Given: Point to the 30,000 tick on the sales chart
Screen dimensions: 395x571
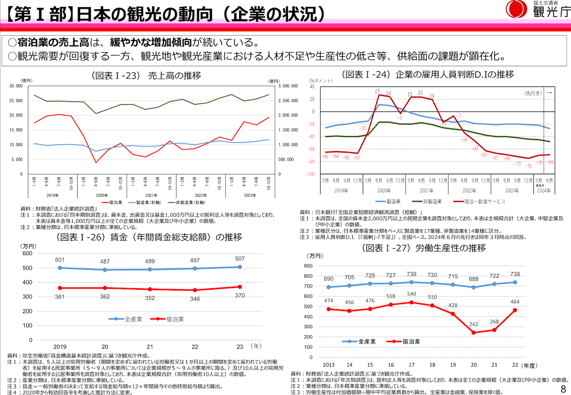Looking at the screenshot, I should (x=16, y=86).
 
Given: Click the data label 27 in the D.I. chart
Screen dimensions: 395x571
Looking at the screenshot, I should (x=377, y=91).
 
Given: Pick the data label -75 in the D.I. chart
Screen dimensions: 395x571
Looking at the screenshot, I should (x=528, y=166).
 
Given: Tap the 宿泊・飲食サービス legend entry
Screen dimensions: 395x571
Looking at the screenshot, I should (x=480, y=202).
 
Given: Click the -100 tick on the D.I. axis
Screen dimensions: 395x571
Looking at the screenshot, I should (x=310, y=174).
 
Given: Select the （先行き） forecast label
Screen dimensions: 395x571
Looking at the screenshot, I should (x=533, y=93).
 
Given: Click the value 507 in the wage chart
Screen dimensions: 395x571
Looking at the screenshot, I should (x=240, y=259).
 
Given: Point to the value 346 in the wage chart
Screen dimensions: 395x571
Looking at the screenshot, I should (x=195, y=299).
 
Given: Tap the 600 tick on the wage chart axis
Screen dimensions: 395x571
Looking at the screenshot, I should (x=28, y=253).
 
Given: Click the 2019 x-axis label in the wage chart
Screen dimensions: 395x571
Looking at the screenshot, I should (x=60, y=347).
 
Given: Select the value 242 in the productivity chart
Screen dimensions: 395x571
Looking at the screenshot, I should (x=474, y=324).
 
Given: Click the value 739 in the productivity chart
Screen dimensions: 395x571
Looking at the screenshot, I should (x=412, y=274).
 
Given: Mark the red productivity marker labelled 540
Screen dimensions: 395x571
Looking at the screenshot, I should (x=412, y=302).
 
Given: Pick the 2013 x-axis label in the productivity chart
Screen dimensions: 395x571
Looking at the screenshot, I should (x=329, y=365).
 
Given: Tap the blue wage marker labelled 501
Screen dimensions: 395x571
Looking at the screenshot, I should (x=60, y=268).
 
